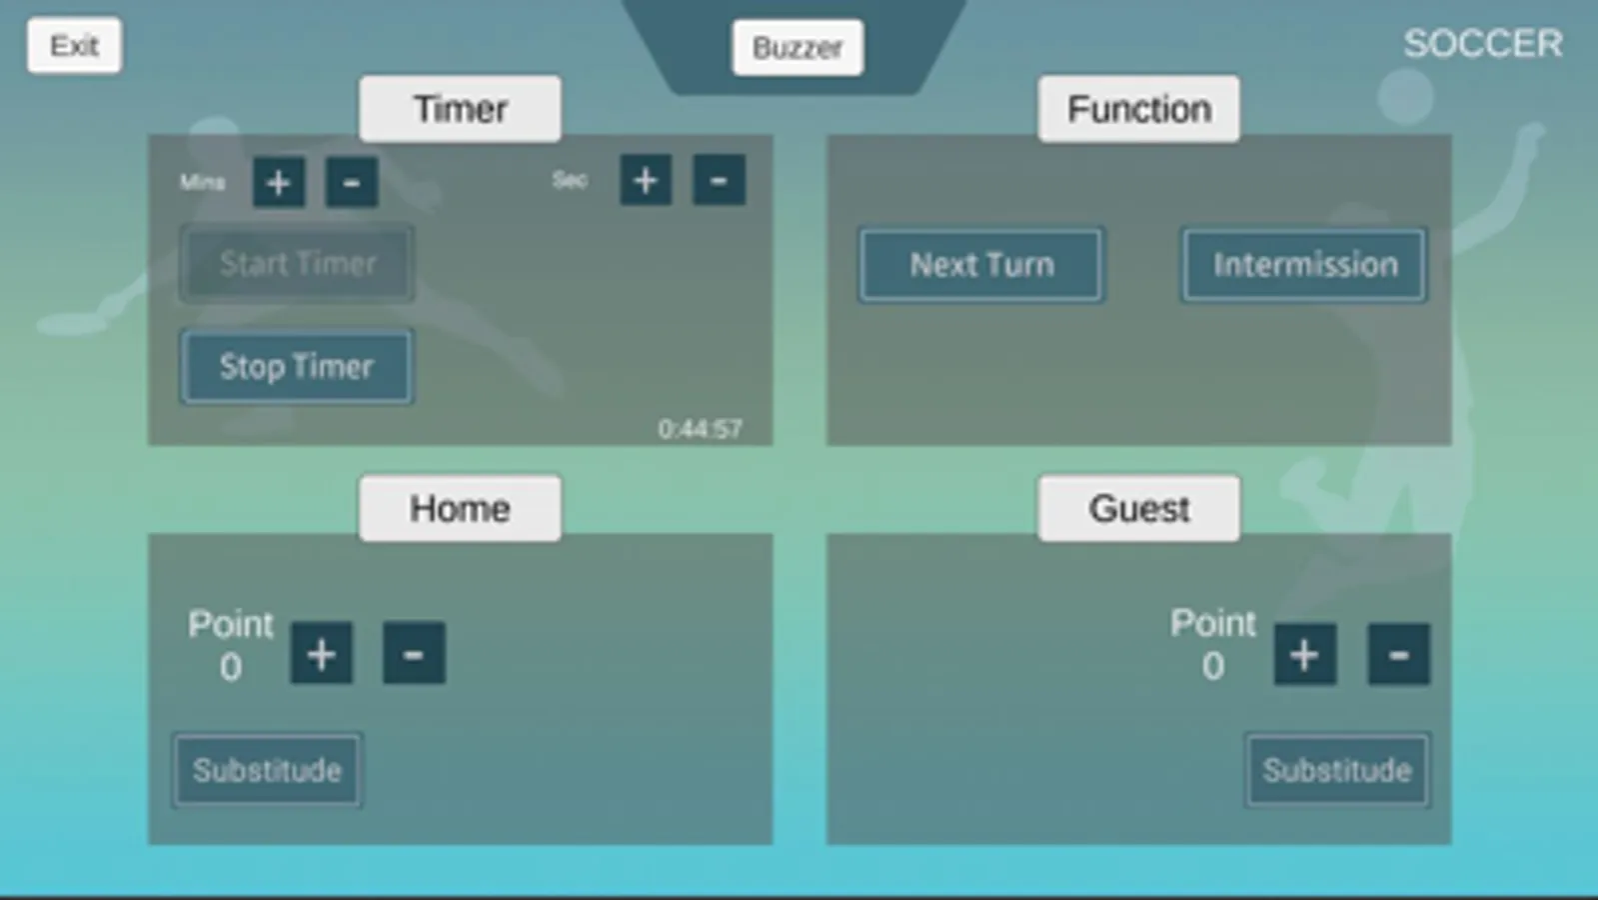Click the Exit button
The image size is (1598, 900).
[75, 46]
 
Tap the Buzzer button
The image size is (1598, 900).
[798, 48]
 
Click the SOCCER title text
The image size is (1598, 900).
[1482, 44]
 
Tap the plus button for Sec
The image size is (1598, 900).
[646, 181]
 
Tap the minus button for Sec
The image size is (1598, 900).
[719, 181]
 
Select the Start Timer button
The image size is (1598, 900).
[298, 264]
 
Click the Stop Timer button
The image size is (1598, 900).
[297, 367]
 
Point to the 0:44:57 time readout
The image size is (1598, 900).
[700, 429]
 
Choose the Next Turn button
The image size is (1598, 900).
[981, 265]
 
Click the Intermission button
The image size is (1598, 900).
[1304, 265]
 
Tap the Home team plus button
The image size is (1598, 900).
[321, 655]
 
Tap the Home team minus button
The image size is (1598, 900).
[414, 655]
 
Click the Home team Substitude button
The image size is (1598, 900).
[267, 770]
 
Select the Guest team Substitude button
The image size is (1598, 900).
[1336, 770]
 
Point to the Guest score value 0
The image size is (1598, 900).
[1213, 666]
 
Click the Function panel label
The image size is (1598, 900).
[1138, 109]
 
